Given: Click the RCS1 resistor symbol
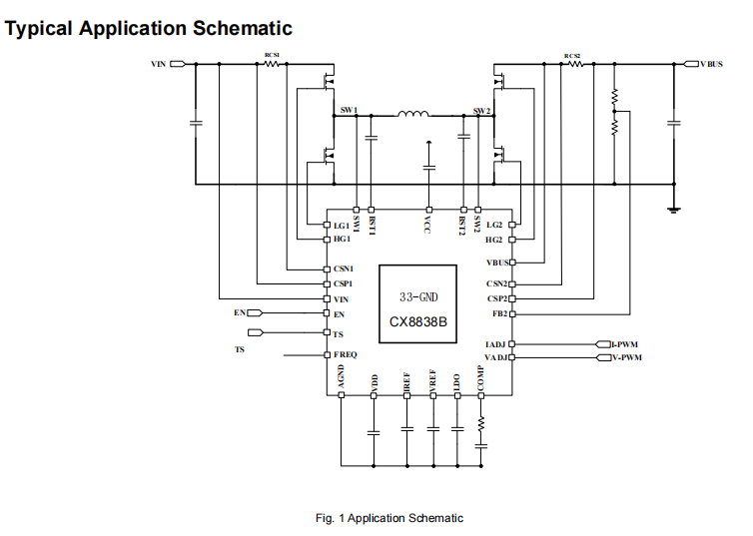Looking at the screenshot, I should (272, 64).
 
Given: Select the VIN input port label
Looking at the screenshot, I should (158, 64).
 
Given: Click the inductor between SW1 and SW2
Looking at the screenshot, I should (412, 115).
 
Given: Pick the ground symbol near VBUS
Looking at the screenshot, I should (674, 209).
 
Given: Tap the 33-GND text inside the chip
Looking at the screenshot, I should (417, 297).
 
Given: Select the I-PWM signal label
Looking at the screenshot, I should (627, 344).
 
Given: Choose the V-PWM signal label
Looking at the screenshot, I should (627, 356).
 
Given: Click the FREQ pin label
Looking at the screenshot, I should (345, 355).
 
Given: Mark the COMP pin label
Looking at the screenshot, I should (480, 378).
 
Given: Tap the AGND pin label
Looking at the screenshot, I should (342, 377).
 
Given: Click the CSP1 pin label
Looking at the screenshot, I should (342, 284).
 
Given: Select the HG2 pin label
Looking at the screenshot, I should (493, 240).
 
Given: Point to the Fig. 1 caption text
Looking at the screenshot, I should (389, 518).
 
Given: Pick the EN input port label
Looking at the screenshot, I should (240, 313).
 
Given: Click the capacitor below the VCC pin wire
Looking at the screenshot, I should (428, 166).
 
